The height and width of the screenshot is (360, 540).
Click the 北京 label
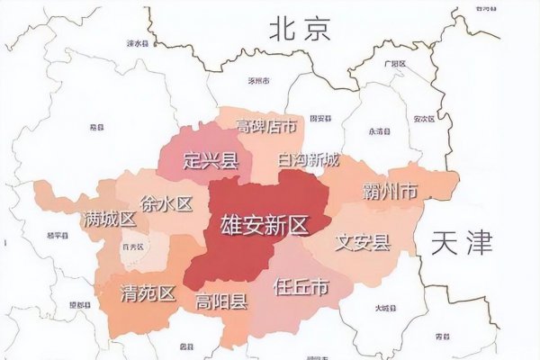coord(301,30)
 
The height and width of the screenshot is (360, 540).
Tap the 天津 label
coord(463,241)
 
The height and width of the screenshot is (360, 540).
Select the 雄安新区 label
coord(264,225)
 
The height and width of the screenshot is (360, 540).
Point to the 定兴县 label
coord(210,161)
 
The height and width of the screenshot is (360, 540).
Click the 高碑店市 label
coord(266,126)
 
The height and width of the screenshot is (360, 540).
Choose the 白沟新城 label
coord(310,160)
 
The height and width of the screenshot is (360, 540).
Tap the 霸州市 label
coord(390,192)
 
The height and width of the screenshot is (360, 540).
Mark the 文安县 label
coord(362,241)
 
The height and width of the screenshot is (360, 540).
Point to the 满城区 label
coord(108,219)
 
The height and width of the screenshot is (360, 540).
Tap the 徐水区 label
coord(166,203)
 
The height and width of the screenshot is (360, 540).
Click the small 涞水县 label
coord(137,42)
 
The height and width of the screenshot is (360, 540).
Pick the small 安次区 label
coord(425,118)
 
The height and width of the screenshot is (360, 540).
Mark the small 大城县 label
coord(384,309)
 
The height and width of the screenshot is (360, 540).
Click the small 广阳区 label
coord(396,65)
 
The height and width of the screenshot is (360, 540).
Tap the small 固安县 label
coord(321,118)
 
